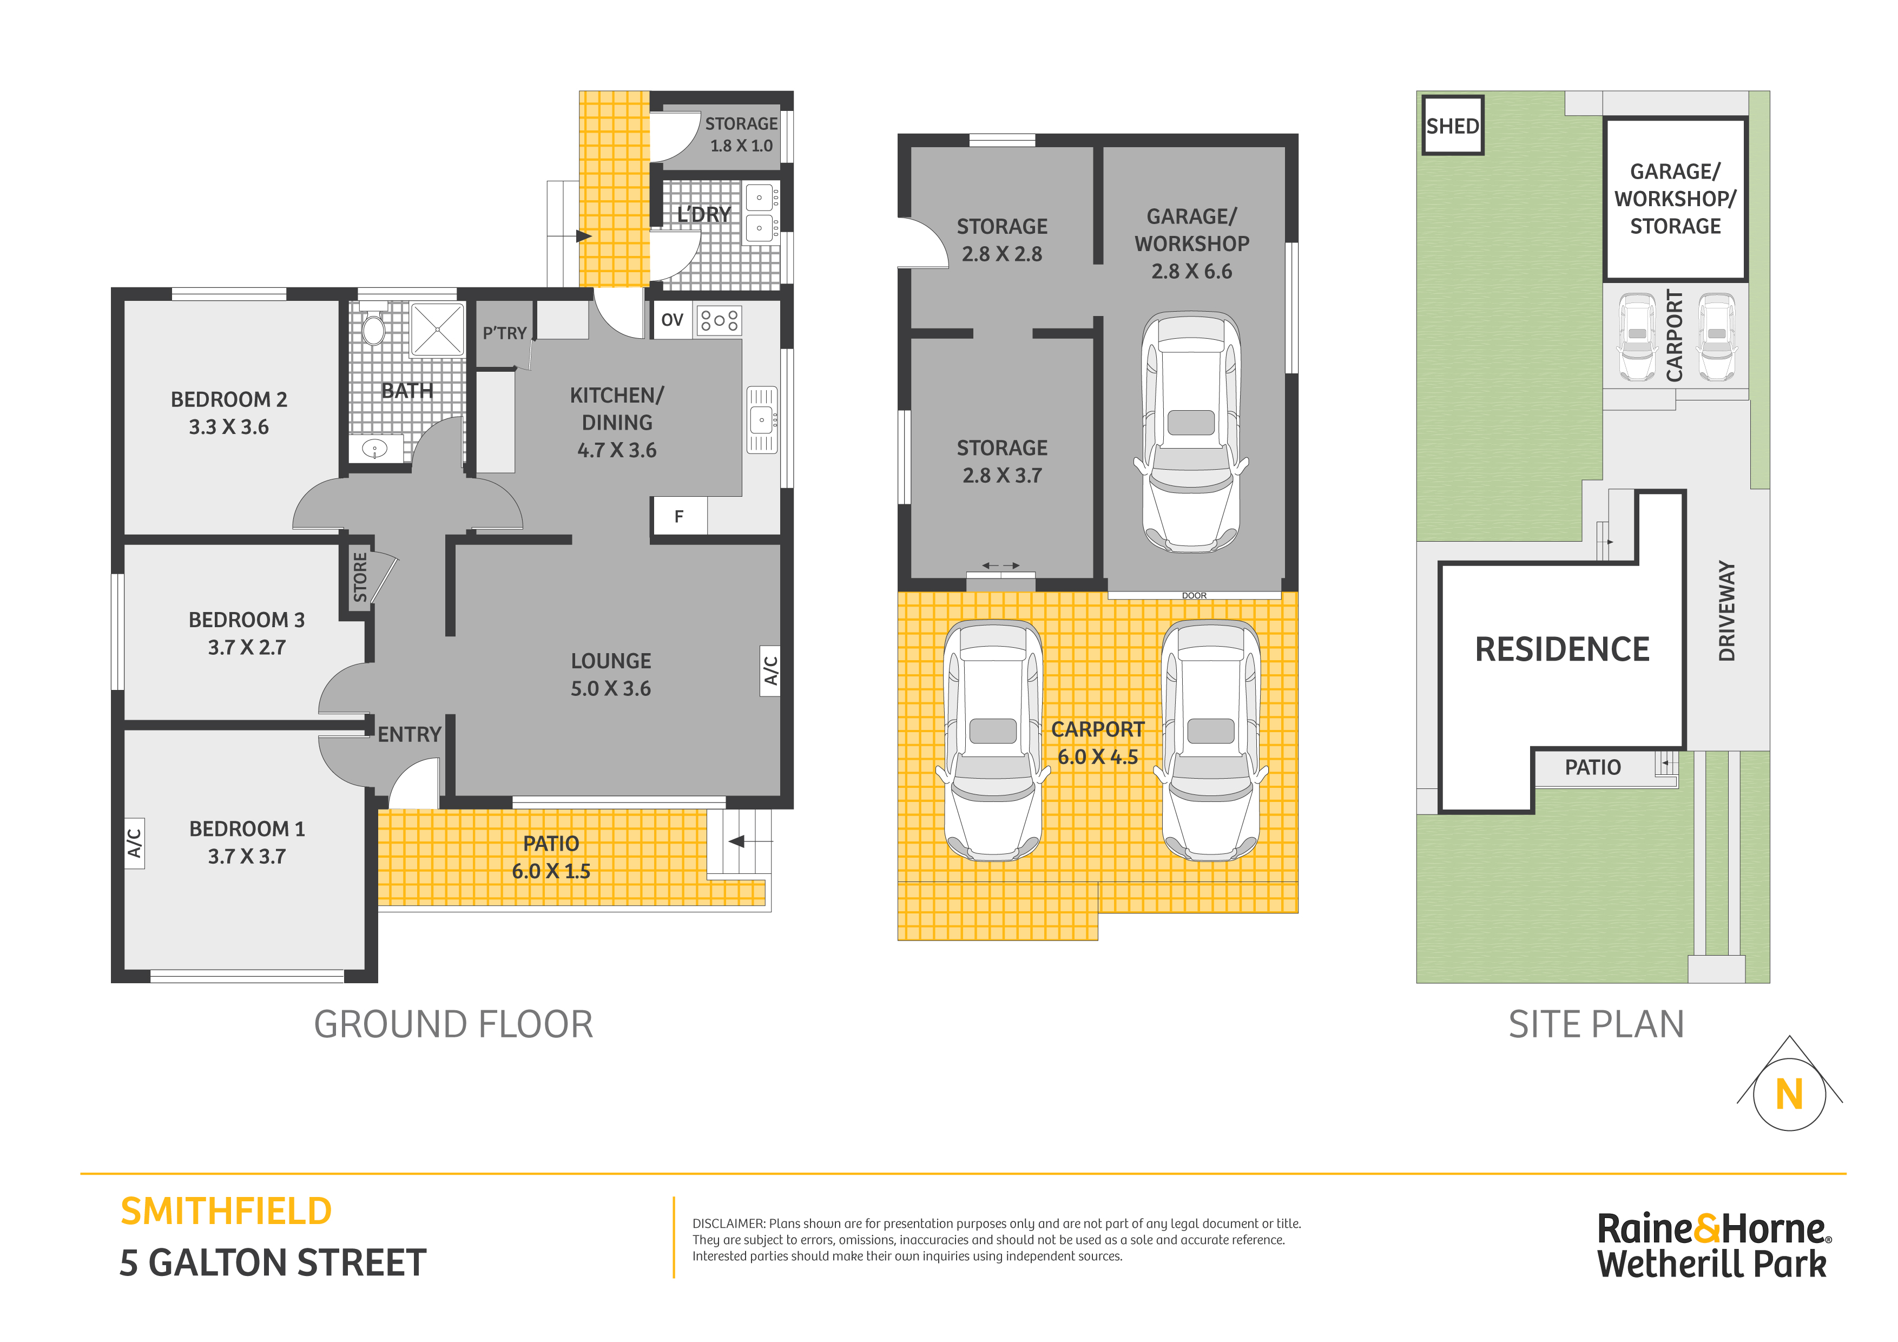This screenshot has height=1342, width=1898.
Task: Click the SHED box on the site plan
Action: [1452, 125]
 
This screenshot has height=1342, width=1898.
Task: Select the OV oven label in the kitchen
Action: [672, 320]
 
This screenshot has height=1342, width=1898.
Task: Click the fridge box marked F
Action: [678, 516]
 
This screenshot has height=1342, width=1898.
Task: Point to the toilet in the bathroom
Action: [374, 327]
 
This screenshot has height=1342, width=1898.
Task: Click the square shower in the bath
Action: [437, 329]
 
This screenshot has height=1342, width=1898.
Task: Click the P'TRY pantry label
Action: [504, 333]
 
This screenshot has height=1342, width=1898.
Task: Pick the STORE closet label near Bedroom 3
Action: [360, 577]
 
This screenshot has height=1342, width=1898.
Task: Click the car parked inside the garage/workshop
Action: [1191, 432]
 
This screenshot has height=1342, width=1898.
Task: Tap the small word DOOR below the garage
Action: [1194, 595]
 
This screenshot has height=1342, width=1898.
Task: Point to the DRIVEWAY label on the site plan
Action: [1726, 611]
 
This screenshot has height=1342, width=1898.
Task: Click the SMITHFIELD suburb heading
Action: [226, 1212]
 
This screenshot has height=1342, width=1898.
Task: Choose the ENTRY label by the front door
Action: [409, 734]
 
